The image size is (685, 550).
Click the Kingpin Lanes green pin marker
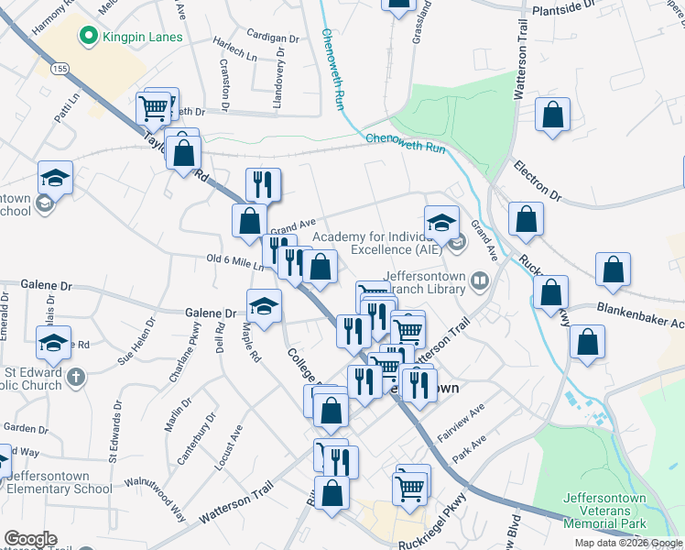coord(89,38)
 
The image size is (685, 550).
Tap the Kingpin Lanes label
coord(143,38)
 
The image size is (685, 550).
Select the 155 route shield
coord(60,69)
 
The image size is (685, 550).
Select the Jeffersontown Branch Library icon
coord(480,279)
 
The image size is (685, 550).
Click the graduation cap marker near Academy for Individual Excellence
coord(441,222)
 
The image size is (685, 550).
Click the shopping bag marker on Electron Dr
coord(526,219)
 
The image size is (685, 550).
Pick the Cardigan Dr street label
coord(273,39)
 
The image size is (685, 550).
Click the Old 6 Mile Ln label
coord(235,261)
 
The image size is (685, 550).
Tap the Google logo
coord(30,540)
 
